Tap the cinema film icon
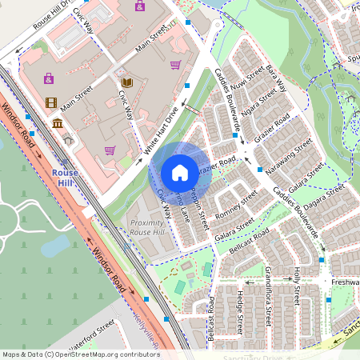coord(52,102)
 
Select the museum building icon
coord(58,123)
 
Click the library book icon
coord(126,82)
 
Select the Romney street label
coord(237,203)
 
